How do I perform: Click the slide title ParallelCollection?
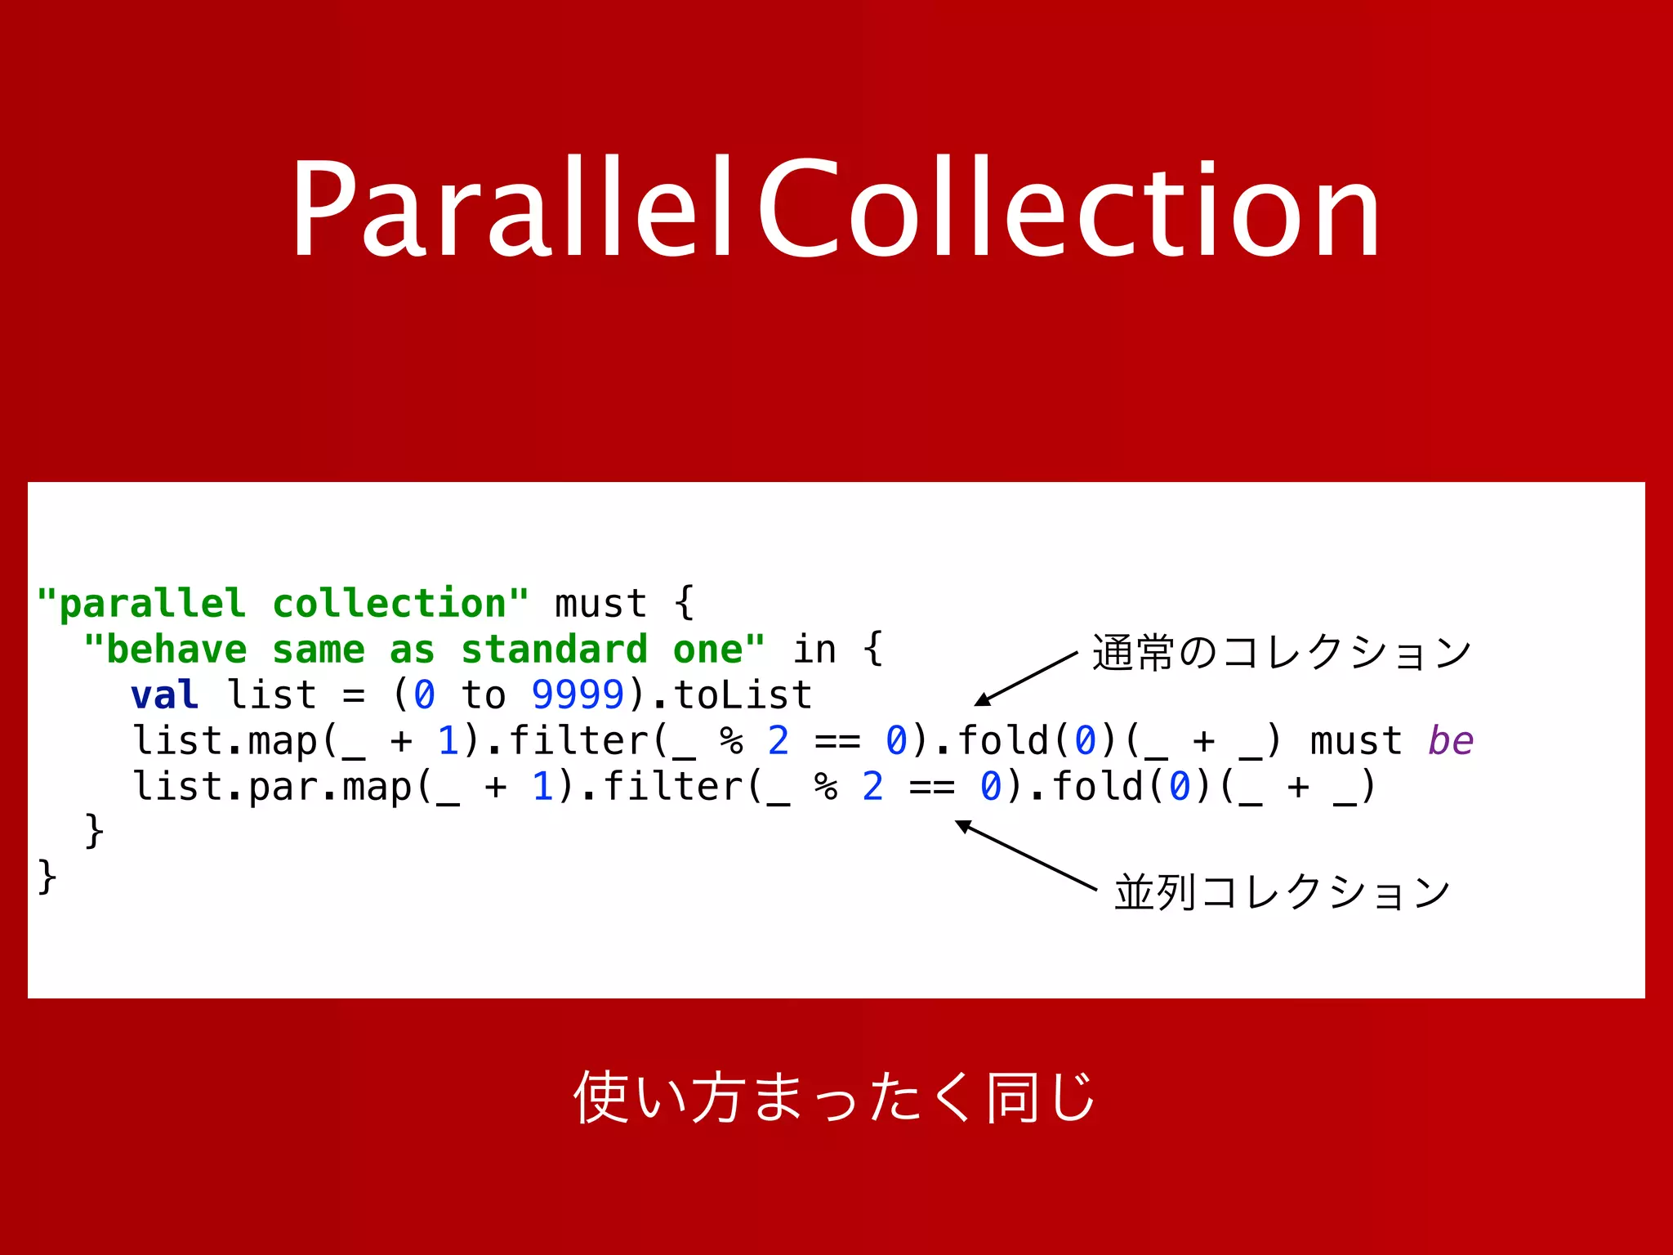click(x=835, y=208)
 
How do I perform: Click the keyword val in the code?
click(x=164, y=695)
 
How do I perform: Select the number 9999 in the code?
click(x=578, y=695)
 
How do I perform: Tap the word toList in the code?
click(x=743, y=695)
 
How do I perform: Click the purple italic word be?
click(x=1450, y=741)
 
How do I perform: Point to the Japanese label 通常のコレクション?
click(x=1282, y=653)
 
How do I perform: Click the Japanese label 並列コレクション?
click(x=1283, y=891)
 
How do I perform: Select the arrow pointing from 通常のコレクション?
click(x=1026, y=678)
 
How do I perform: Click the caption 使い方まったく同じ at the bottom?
click(x=835, y=1097)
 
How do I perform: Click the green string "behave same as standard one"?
click(x=425, y=650)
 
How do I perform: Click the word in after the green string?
click(x=814, y=650)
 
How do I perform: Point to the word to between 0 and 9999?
click(x=484, y=695)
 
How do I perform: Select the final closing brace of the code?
click(x=47, y=878)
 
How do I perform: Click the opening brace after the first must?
click(x=685, y=604)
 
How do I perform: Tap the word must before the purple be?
click(x=1356, y=741)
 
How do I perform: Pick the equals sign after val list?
click(x=354, y=695)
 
